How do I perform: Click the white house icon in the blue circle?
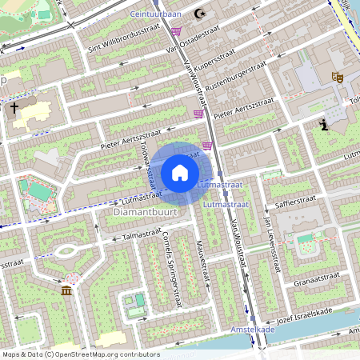(x=180, y=173)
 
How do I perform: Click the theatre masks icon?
(x=337, y=77)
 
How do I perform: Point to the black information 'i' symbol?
(x=323, y=124)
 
